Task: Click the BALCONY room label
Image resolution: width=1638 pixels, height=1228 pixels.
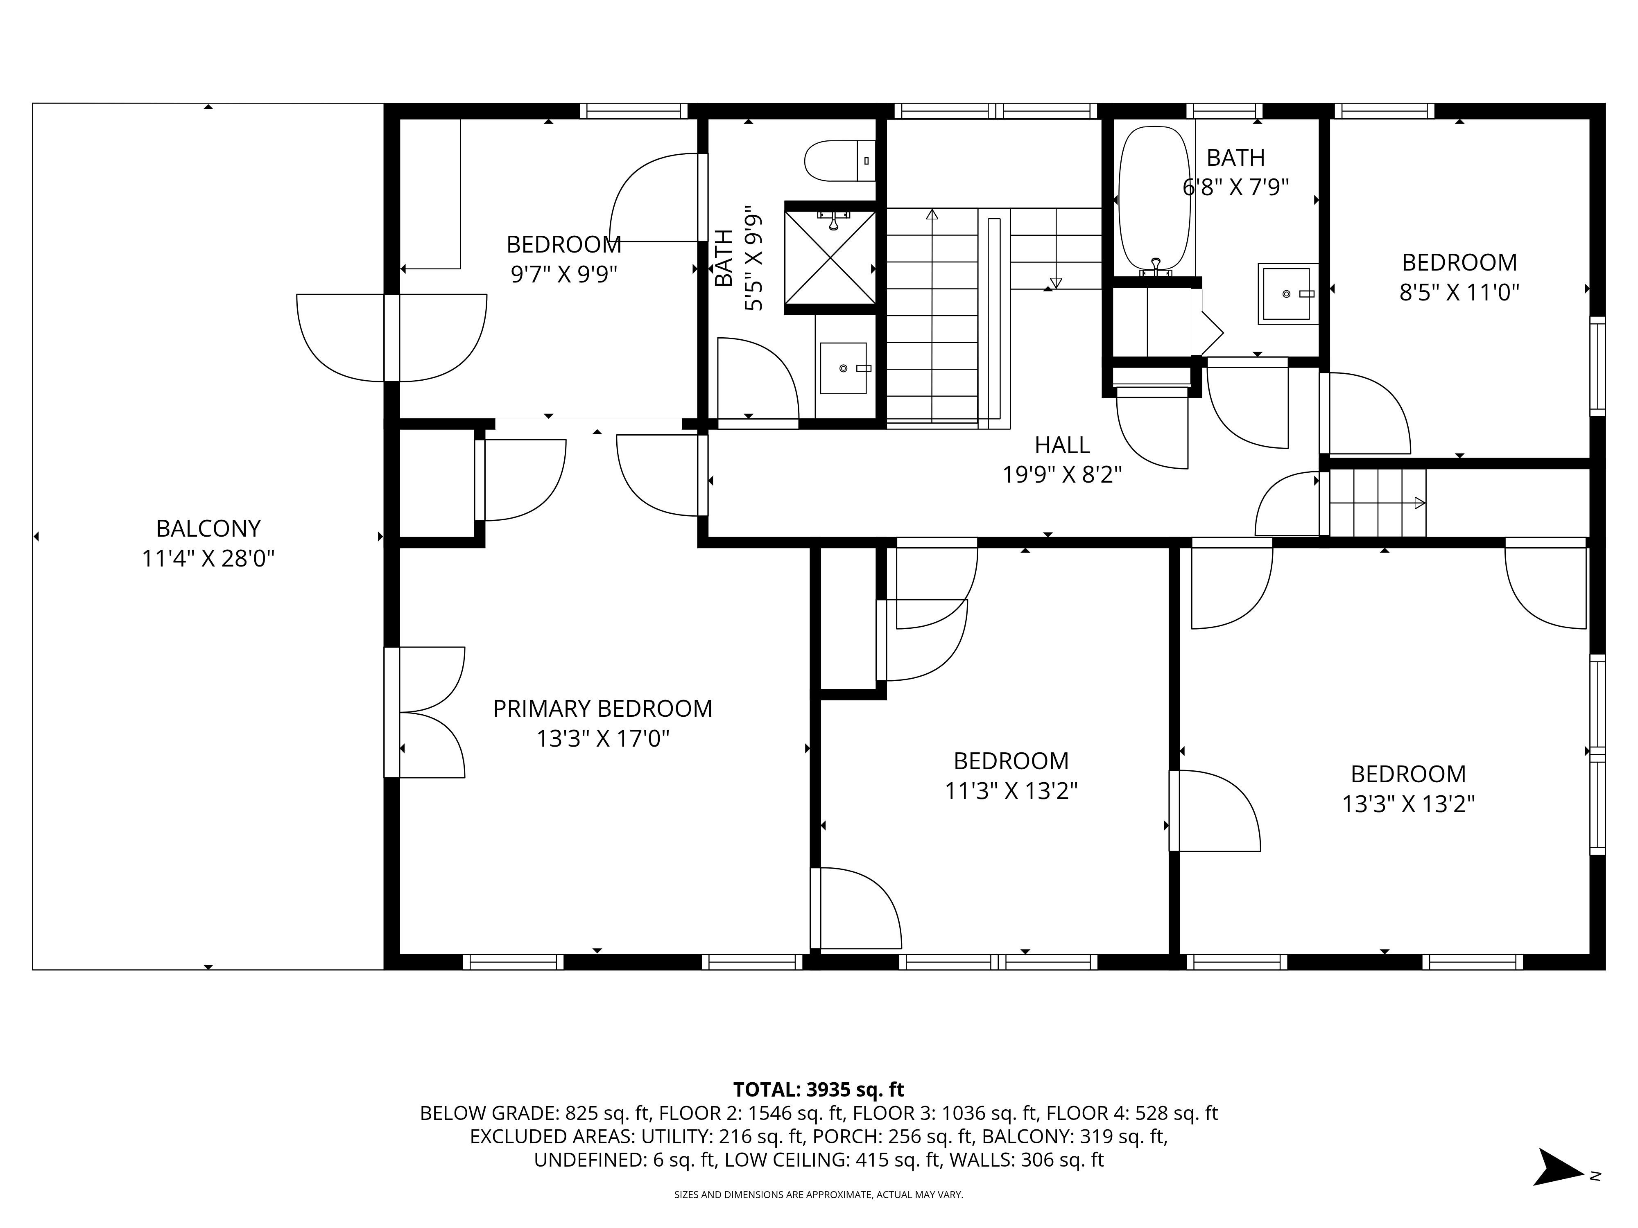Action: [208, 528]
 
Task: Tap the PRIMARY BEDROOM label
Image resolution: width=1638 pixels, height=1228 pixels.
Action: [603, 709]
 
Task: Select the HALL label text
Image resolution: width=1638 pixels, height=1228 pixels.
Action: [1062, 445]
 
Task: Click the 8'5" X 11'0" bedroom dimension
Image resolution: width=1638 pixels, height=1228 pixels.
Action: [1459, 292]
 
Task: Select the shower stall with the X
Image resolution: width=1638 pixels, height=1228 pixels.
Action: [830, 257]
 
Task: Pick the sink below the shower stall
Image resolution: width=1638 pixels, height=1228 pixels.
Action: [844, 368]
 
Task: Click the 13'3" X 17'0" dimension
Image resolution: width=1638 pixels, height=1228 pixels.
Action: [603, 739]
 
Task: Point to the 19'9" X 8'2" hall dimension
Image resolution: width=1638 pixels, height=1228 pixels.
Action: [1062, 474]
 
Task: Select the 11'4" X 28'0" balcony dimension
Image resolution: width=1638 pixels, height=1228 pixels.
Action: [208, 558]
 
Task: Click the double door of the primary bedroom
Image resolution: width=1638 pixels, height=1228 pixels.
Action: [424, 712]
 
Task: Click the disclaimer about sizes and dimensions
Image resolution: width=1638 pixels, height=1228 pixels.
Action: [818, 1195]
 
